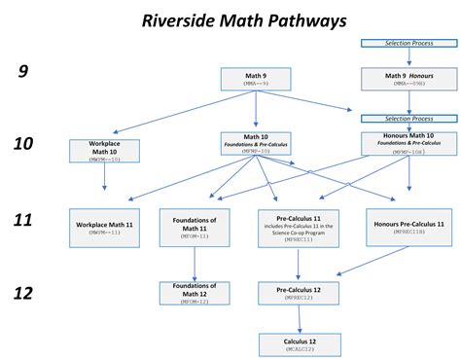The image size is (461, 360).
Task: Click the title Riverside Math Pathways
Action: pos(230,19)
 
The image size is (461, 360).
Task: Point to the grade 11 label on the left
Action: pos(23,219)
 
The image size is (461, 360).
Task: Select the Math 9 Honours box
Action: pos(408,80)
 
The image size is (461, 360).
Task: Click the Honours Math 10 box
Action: pos(408,144)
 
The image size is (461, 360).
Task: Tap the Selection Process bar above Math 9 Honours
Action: pos(408,44)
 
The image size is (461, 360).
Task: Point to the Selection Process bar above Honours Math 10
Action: pos(408,119)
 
